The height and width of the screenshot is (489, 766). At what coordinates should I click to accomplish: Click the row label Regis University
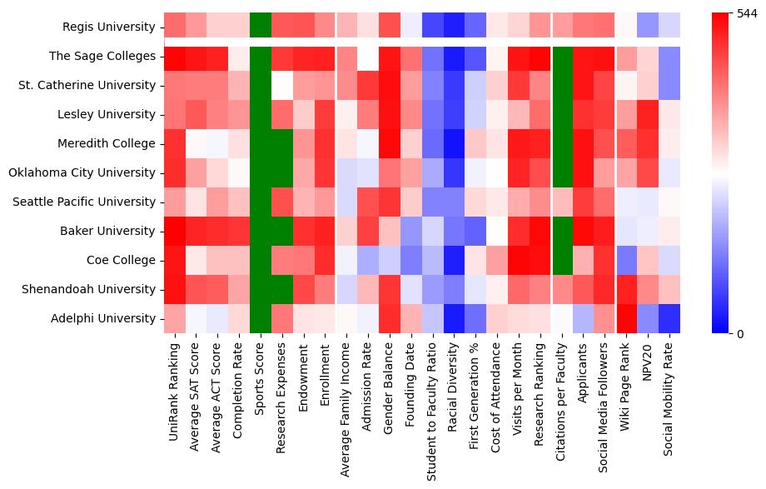109,27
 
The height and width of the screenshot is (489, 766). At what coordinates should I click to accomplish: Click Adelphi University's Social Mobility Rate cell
669,319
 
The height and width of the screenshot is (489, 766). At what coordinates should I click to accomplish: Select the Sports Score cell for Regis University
261,26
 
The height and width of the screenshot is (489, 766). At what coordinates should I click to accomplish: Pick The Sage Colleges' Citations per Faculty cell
563,57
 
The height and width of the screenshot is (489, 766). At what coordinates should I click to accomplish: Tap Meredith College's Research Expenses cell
282,144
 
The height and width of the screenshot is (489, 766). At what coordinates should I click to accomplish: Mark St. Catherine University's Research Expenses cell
282,86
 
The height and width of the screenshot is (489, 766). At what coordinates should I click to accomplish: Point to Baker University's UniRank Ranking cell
175,232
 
